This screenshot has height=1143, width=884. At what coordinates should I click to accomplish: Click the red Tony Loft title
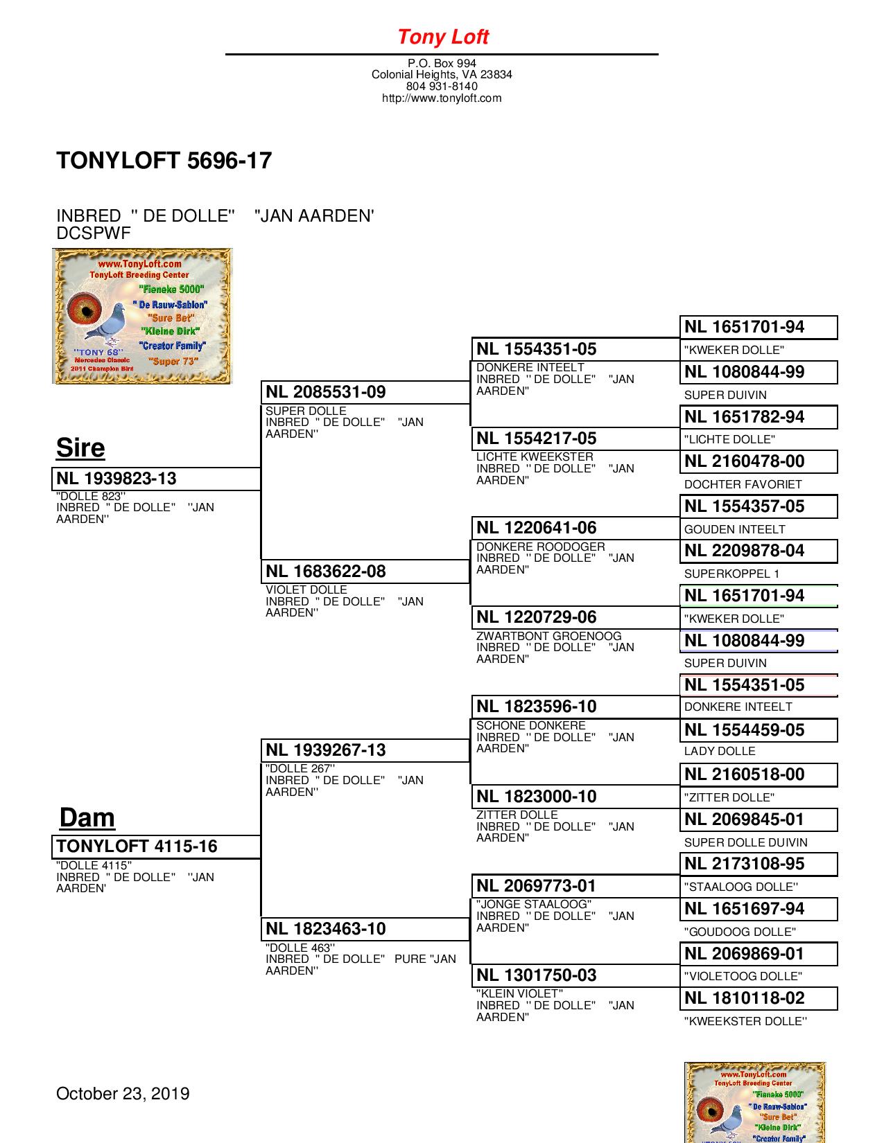pyautogui.click(x=442, y=37)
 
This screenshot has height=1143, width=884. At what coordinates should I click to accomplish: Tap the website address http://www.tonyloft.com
pyautogui.click(x=442, y=98)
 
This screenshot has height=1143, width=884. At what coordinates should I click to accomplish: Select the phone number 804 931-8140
pyautogui.click(x=442, y=87)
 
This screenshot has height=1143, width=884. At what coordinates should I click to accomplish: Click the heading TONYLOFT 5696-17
pyautogui.click(x=164, y=161)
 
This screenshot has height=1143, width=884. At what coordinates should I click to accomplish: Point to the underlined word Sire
pyautogui.click(x=80, y=448)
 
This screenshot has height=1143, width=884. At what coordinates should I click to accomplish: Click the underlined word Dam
pyautogui.click(x=87, y=817)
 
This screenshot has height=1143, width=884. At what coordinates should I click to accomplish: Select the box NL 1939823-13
pyautogui.click(x=156, y=479)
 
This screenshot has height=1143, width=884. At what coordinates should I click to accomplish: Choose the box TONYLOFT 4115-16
pyautogui.click(x=156, y=847)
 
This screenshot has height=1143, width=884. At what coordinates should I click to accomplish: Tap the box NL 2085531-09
pyautogui.click(x=365, y=392)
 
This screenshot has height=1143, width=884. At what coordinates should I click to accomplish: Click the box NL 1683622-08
pyautogui.click(x=365, y=571)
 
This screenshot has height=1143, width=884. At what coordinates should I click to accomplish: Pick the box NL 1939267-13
pyautogui.click(x=365, y=750)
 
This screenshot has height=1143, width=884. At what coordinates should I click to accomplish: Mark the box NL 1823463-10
pyautogui.click(x=365, y=929)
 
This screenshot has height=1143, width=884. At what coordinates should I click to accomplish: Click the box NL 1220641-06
pyautogui.click(x=575, y=528)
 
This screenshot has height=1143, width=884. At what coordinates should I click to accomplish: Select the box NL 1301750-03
pyautogui.click(x=575, y=975)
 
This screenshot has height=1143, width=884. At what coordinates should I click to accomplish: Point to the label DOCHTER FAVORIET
pyautogui.click(x=743, y=484)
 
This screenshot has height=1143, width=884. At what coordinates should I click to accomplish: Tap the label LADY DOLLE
pyautogui.click(x=720, y=751)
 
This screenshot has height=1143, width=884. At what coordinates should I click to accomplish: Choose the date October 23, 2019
pyautogui.click(x=123, y=1094)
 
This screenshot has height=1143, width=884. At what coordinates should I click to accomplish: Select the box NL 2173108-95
pyautogui.click(x=759, y=864)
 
